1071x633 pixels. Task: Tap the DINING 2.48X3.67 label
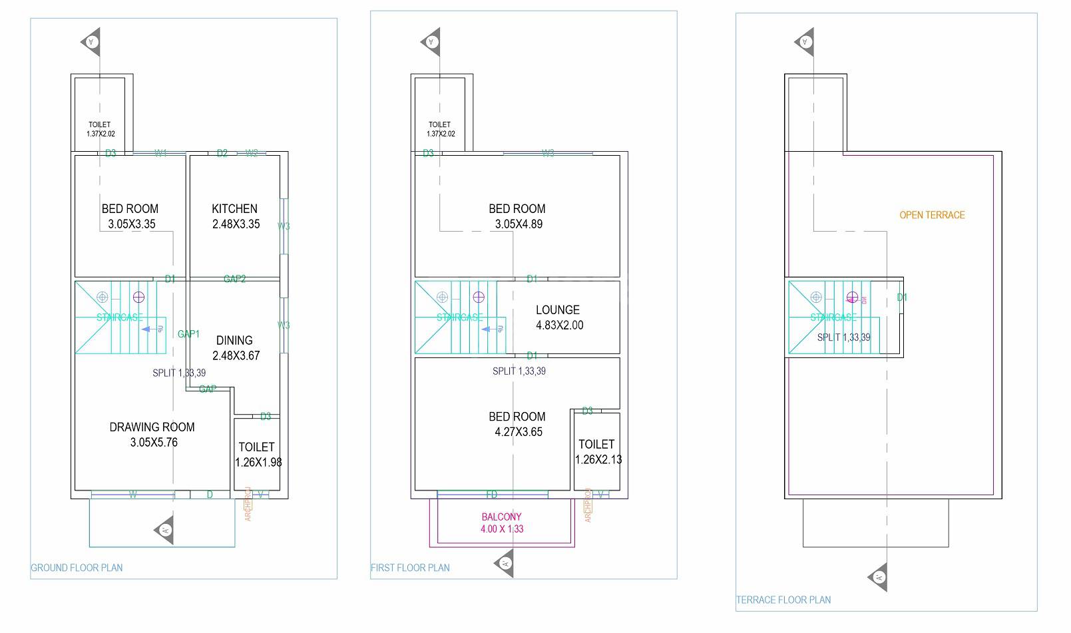(235, 347)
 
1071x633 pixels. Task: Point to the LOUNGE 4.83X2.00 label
(558, 317)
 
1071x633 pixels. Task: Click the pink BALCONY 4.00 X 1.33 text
(502, 523)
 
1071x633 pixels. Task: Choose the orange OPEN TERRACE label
(932, 215)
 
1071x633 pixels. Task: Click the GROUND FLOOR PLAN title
(77, 568)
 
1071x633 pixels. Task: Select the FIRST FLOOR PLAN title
(410, 568)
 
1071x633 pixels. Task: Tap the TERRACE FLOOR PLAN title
(783, 600)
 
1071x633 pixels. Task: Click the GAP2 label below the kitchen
(234, 279)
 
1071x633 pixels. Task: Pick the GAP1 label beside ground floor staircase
(188, 334)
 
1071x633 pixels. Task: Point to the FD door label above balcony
(491, 495)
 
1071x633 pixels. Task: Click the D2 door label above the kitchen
(222, 154)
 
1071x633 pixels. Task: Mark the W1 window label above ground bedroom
(160, 154)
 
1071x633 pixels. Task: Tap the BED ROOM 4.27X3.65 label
(517, 424)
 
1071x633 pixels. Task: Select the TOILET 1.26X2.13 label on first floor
(597, 451)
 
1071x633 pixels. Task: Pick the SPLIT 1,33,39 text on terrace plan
(843, 337)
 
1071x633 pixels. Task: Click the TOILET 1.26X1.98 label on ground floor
(257, 454)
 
